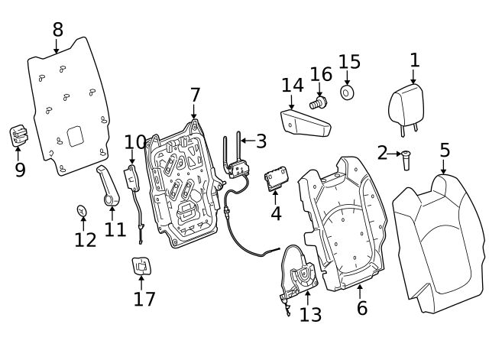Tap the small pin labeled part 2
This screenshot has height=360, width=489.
pos(406,161)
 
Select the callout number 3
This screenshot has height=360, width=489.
pos(261,141)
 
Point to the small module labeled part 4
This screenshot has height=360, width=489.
pos(277,178)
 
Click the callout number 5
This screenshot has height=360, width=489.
pos(445,150)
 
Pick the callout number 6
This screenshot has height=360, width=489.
pos(362,308)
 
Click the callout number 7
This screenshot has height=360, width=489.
pos(195,95)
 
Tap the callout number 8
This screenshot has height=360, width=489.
pos(58,30)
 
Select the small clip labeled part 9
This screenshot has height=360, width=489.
pos(18,135)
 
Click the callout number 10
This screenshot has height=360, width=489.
pos(135,143)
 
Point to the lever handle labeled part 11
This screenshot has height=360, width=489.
pos(108,186)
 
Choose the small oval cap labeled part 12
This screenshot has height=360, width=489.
pos(82,211)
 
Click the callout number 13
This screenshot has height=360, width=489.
pos(310,315)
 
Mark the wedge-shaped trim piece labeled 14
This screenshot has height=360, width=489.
pos(305,124)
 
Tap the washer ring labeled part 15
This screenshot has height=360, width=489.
pos(346,92)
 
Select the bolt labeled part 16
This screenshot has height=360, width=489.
pos(318,102)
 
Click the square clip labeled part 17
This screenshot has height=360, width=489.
pos(142,266)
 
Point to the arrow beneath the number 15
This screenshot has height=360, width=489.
pos(347,78)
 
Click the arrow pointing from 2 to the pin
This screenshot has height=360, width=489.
pos(394,154)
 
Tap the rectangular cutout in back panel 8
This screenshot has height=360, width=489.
pos(76,136)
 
